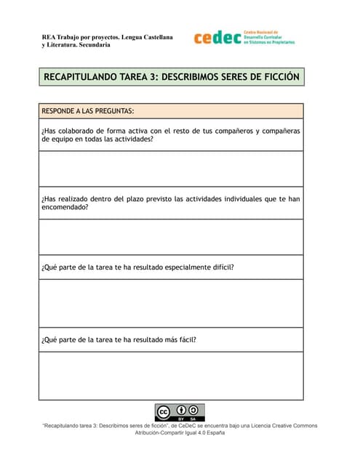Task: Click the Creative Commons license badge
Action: [x=179, y=412]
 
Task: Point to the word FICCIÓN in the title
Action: [x=277, y=76]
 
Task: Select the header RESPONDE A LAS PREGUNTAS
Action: [x=88, y=111]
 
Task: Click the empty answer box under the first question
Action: [x=171, y=169]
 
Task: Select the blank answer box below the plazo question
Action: [x=171, y=237]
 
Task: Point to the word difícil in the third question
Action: [x=223, y=267]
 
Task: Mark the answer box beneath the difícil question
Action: [x=171, y=303]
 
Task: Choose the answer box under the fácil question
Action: [x=171, y=376]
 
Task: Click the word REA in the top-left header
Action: [x=48, y=36]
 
